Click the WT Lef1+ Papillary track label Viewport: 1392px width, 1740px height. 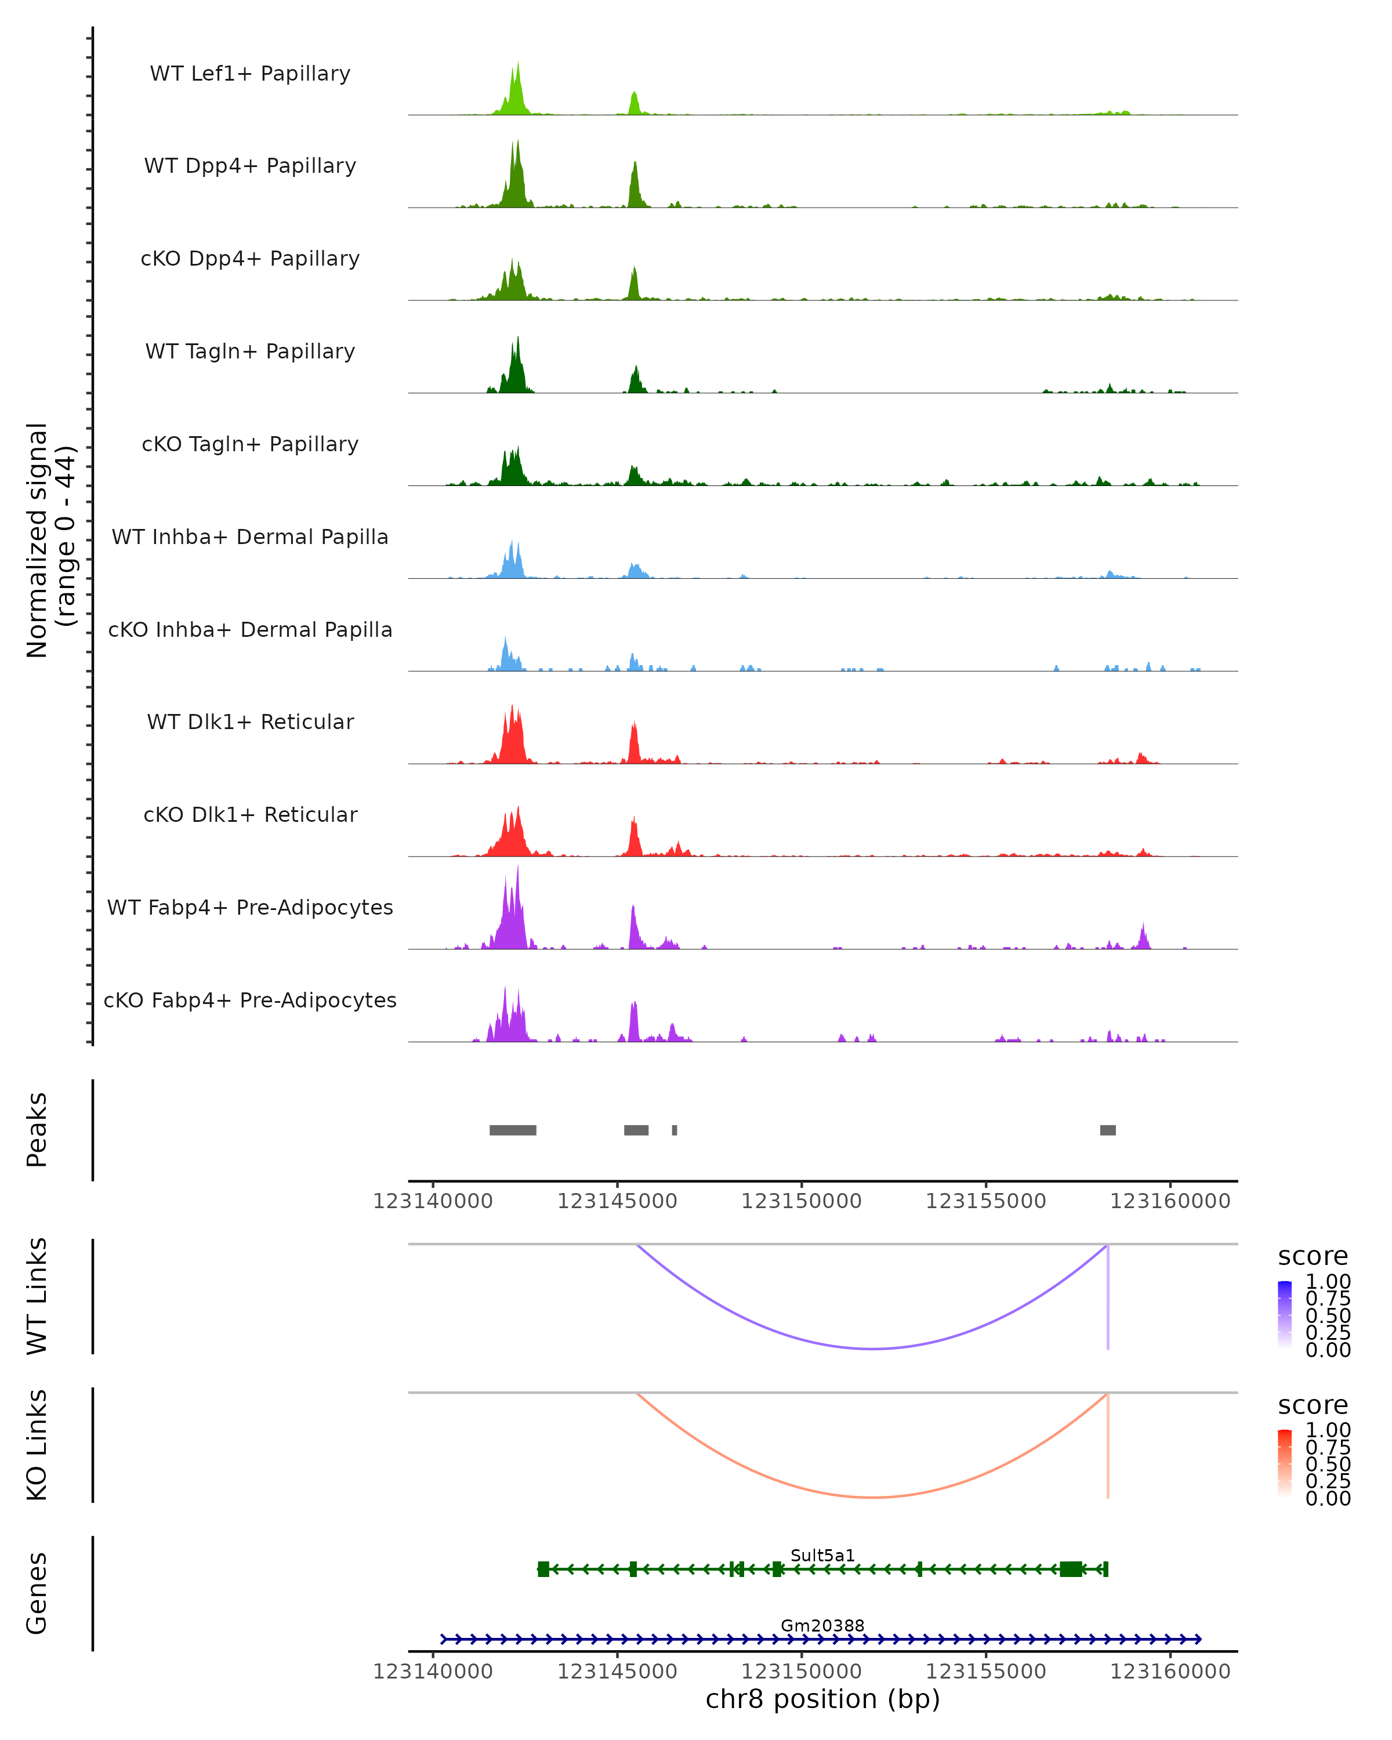250,74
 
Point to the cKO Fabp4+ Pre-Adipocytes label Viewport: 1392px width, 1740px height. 250,1000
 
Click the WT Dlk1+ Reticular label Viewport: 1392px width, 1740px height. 250,722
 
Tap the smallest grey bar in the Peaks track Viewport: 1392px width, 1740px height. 675,1130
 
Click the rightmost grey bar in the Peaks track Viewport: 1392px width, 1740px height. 1108,1130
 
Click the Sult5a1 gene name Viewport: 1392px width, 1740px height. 822,1555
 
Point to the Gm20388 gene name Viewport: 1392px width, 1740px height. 822,1625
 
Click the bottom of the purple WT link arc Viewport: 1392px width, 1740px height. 872,1348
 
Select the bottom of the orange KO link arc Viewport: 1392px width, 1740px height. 872,1497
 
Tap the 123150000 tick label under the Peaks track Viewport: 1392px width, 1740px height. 802,1201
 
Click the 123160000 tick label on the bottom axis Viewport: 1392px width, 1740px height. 1170,1672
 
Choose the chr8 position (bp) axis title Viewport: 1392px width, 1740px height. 822,1699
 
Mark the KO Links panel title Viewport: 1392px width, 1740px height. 37,1445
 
